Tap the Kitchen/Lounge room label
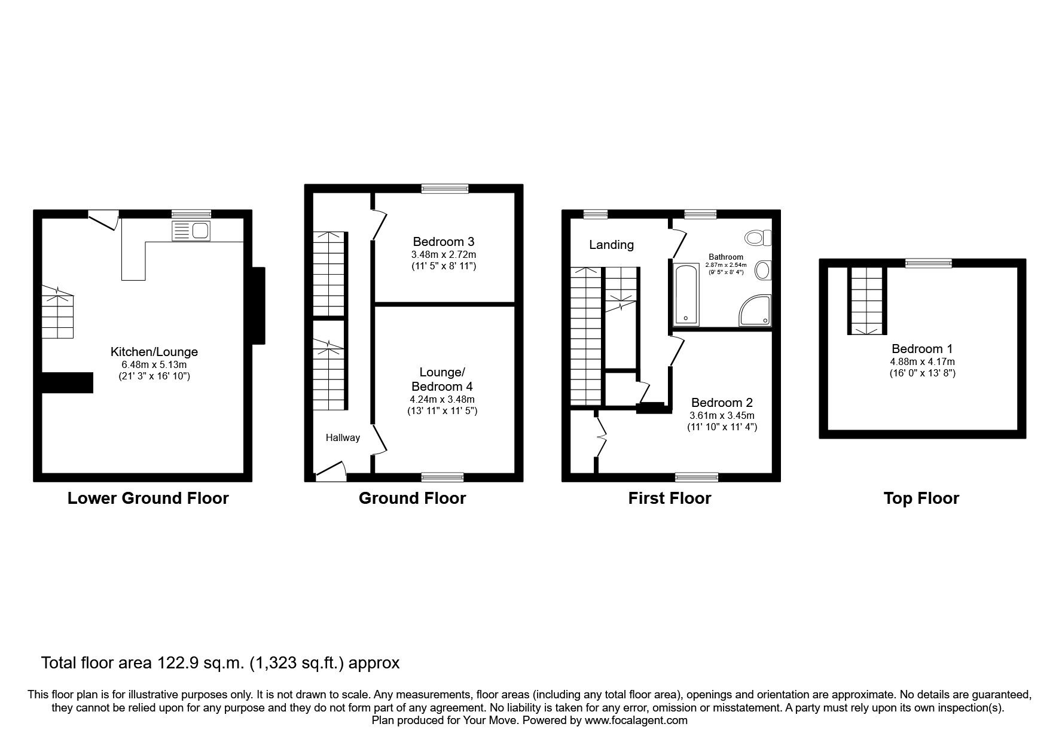point(154,352)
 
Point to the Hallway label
point(343,438)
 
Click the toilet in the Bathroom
point(758,238)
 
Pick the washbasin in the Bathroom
point(763,271)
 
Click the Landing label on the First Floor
point(611,245)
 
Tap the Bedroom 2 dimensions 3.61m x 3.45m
point(722,415)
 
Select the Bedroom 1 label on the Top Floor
point(922,349)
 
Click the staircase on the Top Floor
point(866,301)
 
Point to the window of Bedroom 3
point(444,188)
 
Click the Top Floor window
point(928,263)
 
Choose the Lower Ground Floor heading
point(148,498)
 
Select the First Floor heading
point(670,498)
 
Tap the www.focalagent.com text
point(636,720)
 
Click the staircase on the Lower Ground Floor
point(57,312)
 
